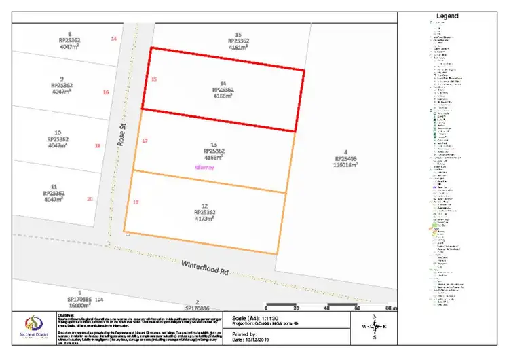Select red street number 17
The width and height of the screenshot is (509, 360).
point(145,141)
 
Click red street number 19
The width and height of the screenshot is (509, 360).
point(136,202)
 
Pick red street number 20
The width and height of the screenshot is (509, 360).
point(90,199)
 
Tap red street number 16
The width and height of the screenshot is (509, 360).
point(106,92)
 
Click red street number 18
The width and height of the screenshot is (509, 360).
point(98,145)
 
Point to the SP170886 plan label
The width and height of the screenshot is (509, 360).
point(197,308)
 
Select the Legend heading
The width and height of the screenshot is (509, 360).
point(448,16)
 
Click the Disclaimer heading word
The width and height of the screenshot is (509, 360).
point(66,314)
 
